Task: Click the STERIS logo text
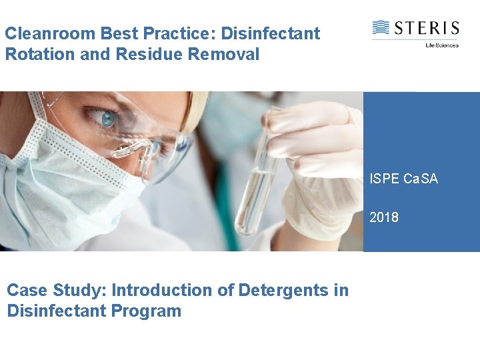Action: click(x=426, y=28)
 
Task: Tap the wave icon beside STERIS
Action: click(x=381, y=28)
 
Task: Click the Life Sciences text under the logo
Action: click(x=442, y=45)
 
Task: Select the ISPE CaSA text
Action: click(x=404, y=179)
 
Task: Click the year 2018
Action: click(x=384, y=217)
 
